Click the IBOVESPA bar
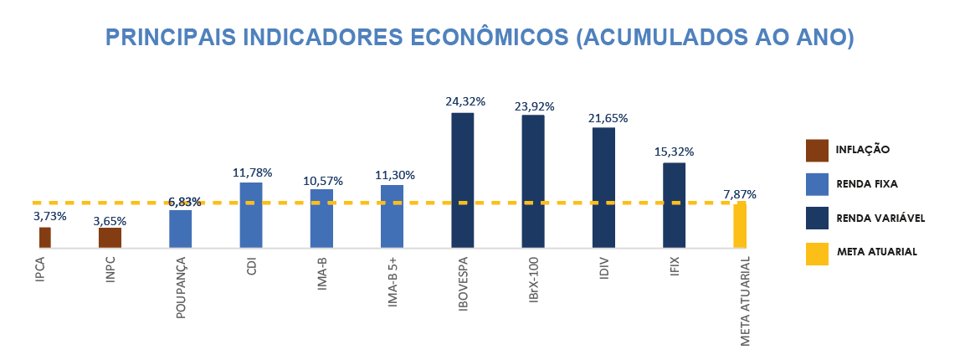coord(463,180)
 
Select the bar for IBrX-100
coord(533,181)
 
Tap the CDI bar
coord(251,215)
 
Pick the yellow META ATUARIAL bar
coord(740,225)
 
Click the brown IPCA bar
coord(45,238)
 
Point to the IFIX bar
coord(674,205)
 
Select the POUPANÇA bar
coord(181,229)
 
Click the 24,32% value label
coord(464,101)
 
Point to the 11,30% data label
coord(395,175)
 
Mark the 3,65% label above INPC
coord(110,221)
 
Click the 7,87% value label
coord(740,194)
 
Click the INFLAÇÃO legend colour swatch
coord(817,150)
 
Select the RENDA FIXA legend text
coord(867,183)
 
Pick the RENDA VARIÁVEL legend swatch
coord(817,218)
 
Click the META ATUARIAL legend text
coord(876,251)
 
